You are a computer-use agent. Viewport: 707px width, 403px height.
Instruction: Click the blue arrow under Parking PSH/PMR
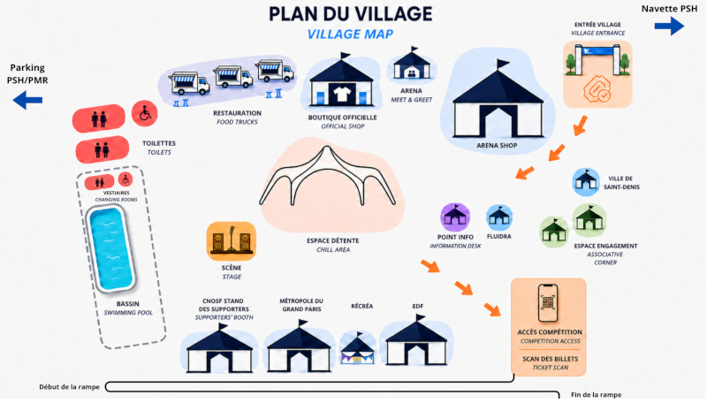(x=27, y=100)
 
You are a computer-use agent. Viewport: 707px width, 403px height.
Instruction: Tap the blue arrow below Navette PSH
(x=669, y=26)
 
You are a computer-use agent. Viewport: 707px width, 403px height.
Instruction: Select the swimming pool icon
(x=111, y=249)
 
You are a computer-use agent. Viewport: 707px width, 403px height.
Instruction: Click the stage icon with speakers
(x=232, y=241)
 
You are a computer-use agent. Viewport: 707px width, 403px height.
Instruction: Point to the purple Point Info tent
(x=455, y=217)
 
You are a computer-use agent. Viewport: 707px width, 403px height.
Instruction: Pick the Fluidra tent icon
(x=499, y=217)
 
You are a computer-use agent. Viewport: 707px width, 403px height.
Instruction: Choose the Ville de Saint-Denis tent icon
(x=586, y=182)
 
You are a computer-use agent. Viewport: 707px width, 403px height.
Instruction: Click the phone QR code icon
(x=548, y=302)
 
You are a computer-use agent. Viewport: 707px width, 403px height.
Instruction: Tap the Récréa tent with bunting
(x=358, y=347)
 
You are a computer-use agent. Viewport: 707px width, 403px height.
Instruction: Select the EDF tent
(x=416, y=341)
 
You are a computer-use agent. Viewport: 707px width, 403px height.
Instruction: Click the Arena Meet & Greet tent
(x=412, y=65)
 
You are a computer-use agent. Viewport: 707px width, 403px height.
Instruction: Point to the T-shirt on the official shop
(x=342, y=94)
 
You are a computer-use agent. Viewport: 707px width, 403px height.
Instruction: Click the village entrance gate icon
(x=597, y=60)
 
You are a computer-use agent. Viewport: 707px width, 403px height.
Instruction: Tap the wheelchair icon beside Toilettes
(x=145, y=113)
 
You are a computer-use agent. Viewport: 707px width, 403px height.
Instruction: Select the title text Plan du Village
(x=350, y=14)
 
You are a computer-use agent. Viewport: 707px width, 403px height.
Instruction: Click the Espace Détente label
(x=333, y=240)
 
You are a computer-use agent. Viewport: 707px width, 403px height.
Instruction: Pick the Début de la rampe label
(x=70, y=387)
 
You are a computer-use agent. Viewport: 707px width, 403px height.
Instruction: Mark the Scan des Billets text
(x=550, y=359)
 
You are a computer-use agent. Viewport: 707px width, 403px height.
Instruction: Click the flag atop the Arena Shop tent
(x=502, y=65)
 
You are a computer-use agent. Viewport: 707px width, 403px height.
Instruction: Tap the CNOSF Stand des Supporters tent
(x=219, y=348)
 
